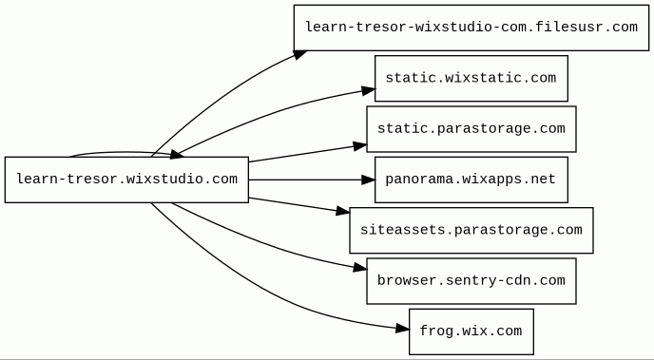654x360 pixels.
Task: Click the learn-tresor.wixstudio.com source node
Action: point(126,180)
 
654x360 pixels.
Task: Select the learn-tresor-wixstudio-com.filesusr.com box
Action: point(471,28)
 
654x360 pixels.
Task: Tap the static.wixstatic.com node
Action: point(471,78)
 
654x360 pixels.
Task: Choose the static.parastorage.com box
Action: point(471,129)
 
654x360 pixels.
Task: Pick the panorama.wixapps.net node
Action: point(471,180)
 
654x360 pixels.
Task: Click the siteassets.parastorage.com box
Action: point(471,231)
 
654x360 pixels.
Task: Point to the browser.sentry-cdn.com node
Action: point(471,281)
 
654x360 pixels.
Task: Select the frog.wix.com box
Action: point(471,332)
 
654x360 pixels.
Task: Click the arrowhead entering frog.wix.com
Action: point(402,329)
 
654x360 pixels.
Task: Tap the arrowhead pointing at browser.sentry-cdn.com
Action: point(360,267)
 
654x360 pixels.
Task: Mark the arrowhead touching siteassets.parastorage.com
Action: point(343,211)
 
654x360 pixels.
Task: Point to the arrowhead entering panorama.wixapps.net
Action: point(368,180)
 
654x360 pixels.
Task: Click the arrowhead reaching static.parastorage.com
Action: point(360,146)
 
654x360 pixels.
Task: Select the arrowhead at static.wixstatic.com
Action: point(368,90)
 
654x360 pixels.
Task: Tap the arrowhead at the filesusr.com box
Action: point(299,54)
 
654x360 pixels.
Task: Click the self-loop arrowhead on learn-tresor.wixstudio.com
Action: point(177,155)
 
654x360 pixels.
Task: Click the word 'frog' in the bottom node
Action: point(435,332)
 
